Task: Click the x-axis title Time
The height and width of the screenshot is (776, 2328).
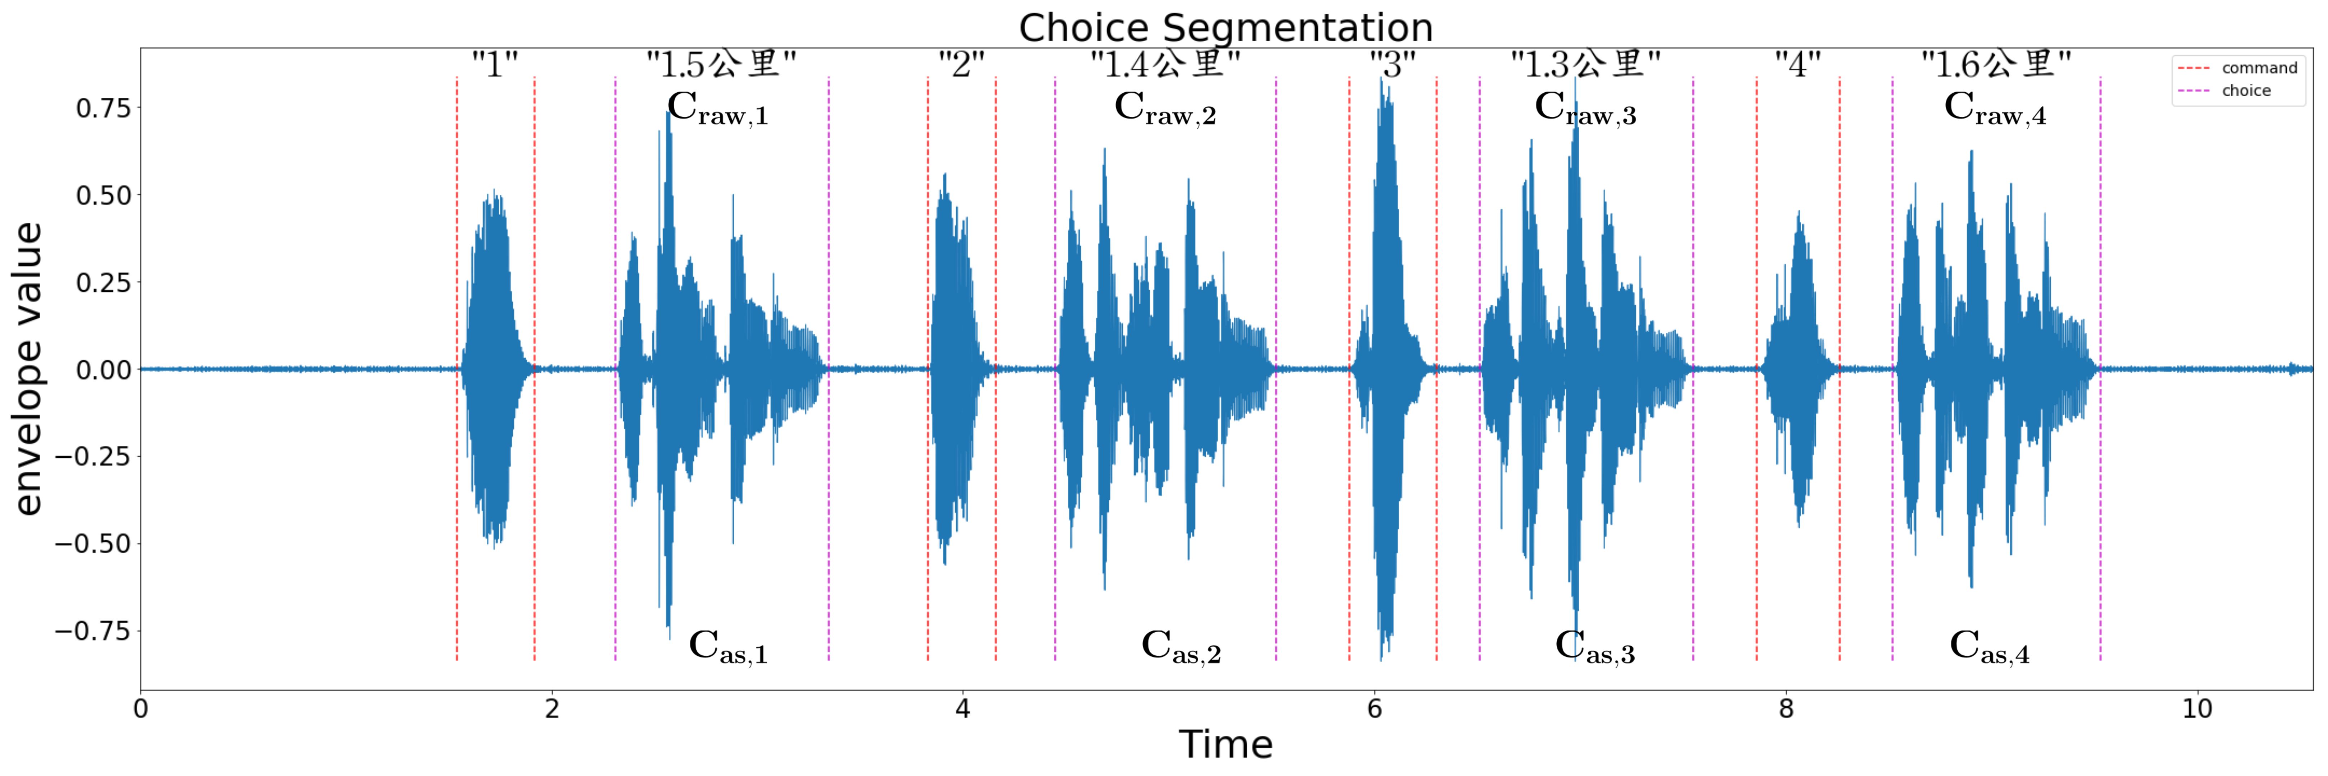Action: coord(1225,744)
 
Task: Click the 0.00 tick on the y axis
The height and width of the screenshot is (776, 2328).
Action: coord(103,369)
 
